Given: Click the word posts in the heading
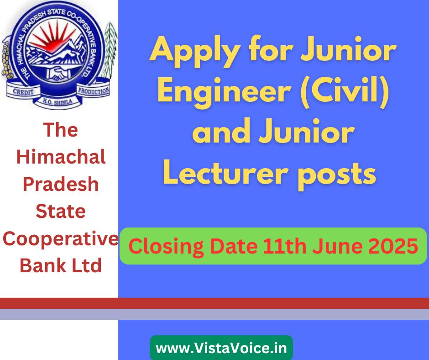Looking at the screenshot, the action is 337,175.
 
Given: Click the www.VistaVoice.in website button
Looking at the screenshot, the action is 221,348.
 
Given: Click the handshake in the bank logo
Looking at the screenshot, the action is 58,73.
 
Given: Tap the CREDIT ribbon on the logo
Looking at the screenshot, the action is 23,91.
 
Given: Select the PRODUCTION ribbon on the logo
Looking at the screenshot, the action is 94,90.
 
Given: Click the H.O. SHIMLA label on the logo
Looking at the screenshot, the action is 58,102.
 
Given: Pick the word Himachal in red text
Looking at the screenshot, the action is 61,157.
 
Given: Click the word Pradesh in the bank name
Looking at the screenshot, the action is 60,184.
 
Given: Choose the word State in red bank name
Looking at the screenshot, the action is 60,211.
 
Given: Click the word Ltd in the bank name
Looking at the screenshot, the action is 86,265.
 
